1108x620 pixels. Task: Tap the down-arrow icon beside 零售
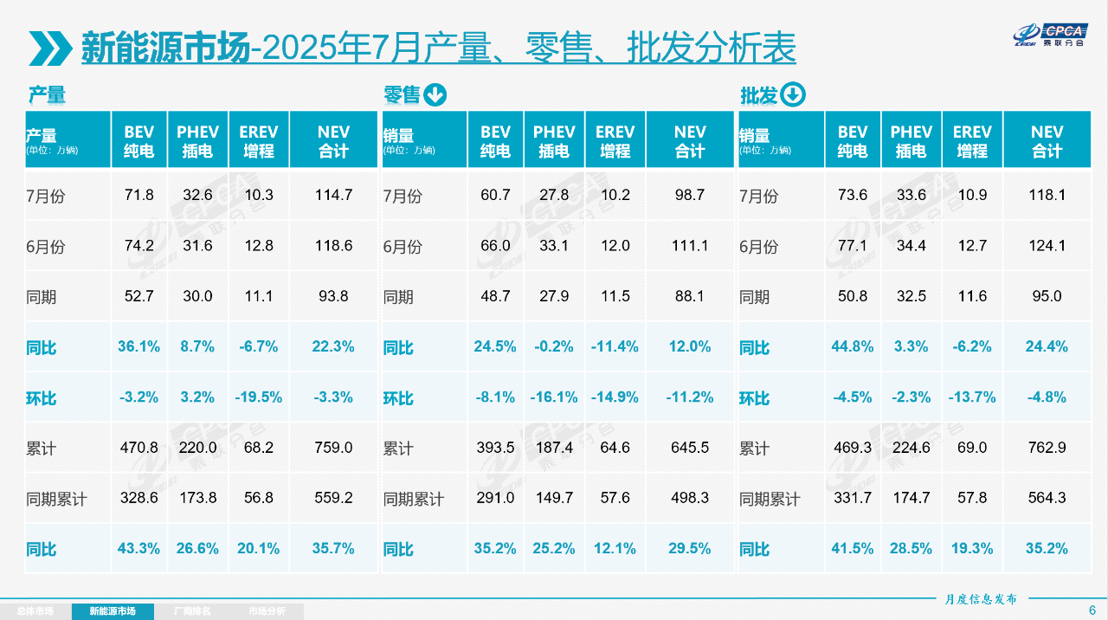click(435, 95)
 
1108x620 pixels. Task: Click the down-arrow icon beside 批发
click(792, 95)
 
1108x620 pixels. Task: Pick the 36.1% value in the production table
click(138, 347)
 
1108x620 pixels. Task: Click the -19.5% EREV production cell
click(259, 398)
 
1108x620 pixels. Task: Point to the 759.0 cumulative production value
click(333, 449)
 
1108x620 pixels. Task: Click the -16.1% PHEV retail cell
click(554, 398)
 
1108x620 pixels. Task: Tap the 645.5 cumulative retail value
click(690, 449)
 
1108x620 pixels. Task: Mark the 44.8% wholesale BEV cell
click(853, 347)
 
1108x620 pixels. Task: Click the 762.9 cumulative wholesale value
click(1047, 449)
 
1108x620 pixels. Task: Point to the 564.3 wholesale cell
click(1047, 499)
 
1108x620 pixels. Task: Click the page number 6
click(1092, 610)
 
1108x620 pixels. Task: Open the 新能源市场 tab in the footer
click(113, 611)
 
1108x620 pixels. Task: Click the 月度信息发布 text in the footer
click(981, 599)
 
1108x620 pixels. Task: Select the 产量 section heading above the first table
click(47, 95)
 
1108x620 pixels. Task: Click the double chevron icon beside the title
click(50, 48)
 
